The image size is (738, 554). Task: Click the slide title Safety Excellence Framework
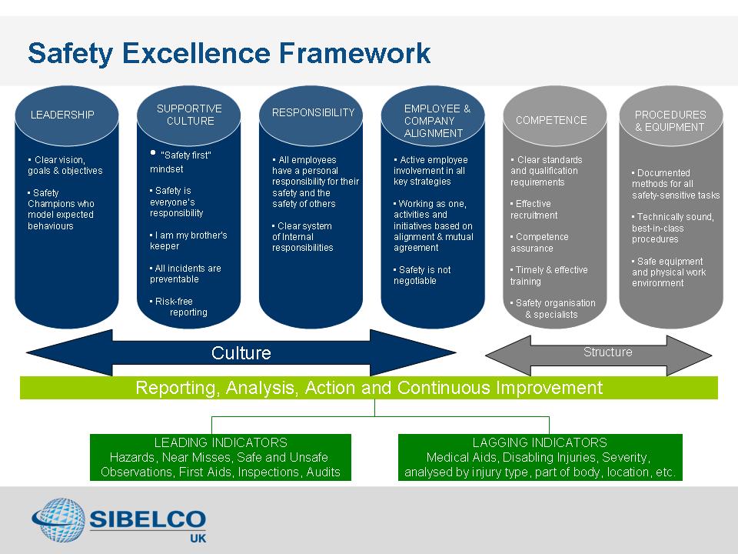click(x=229, y=53)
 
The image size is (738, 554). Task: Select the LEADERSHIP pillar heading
click(x=62, y=115)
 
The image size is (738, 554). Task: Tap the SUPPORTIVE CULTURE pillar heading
click(x=190, y=115)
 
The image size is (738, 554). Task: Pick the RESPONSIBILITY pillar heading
click(x=313, y=112)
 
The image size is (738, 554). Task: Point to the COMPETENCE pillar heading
click(x=551, y=120)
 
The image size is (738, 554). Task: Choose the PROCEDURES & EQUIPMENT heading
click(x=670, y=121)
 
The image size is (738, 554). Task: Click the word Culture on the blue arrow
click(x=241, y=353)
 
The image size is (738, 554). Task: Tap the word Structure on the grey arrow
click(x=607, y=352)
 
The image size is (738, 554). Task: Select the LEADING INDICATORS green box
click(x=221, y=457)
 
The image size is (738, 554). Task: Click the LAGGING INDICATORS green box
click(x=540, y=457)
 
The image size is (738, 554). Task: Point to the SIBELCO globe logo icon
click(x=58, y=520)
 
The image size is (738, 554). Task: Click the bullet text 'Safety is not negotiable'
click(x=422, y=275)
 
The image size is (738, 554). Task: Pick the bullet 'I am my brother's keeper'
click(x=188, y=240)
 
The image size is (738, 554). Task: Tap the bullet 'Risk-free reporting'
click(x=178, y=306)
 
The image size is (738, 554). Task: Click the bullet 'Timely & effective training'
click(x=549, y=275)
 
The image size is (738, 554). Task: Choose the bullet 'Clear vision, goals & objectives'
click(x=65, y=165)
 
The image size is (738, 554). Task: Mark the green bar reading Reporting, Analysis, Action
click(x=368, y=388)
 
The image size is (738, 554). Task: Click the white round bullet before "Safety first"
click(x=153, y=152)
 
